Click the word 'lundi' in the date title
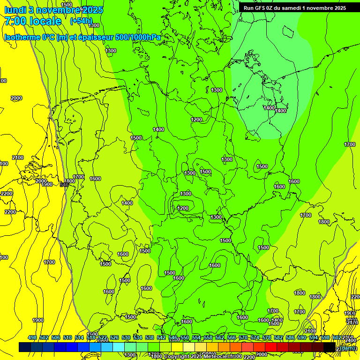[14, 10]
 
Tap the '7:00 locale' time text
[33, 21]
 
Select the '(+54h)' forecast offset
[81, 21]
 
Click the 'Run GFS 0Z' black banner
[294, 7]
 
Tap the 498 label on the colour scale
[32, 337]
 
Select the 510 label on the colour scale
[67, 337]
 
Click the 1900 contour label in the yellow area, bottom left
[38, 320]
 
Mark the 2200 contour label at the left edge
[7, 194]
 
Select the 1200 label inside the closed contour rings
[183, 208]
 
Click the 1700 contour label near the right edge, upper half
[350, 144]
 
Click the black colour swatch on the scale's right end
[330, 347]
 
